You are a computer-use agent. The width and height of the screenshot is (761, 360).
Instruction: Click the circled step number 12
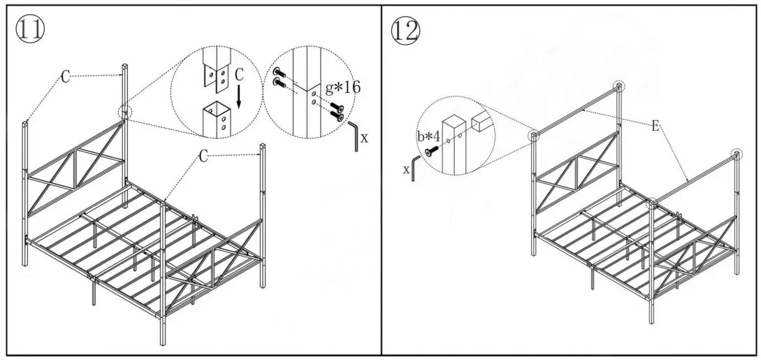(x=406, y=29)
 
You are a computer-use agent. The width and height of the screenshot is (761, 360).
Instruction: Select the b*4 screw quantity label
(x=428, y=137)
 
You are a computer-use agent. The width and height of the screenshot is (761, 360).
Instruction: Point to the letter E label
(x=654, y=126)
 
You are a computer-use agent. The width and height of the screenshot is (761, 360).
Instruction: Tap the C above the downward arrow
(x=239, y=73)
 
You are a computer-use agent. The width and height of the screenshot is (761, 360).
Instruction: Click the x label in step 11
(x=364, y=138)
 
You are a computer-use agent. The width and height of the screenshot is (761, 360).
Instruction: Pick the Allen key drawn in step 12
(x=416, y=168)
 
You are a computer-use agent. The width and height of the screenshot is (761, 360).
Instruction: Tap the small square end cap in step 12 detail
(x=480, y=122)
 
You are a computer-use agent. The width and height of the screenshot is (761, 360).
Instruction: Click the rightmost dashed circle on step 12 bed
(x=735, y=154)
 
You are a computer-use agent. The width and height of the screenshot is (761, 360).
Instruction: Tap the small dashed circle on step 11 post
(x=125, y=112)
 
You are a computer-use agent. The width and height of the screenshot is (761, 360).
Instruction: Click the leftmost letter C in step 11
(x=65, y=77)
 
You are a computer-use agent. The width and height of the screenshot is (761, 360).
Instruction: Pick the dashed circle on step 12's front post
(x=651, y=204)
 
